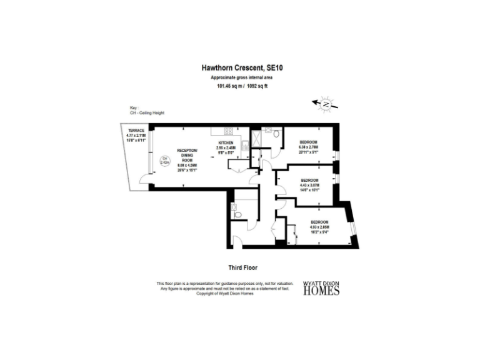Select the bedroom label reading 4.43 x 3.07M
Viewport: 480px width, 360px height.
[x=309, y=184]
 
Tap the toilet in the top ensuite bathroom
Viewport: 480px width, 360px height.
[x=276, y=132]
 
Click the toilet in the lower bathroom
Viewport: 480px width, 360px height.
[x=237, y=214]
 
